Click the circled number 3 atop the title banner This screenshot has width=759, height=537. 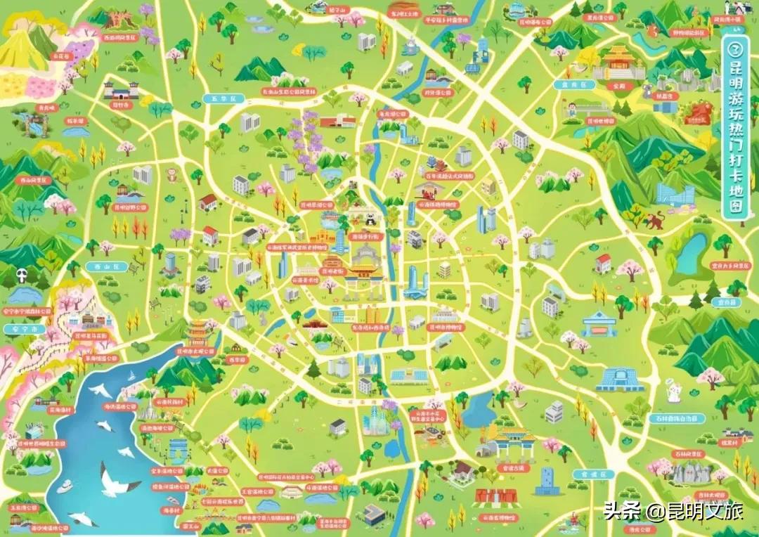tap(734, 50)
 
